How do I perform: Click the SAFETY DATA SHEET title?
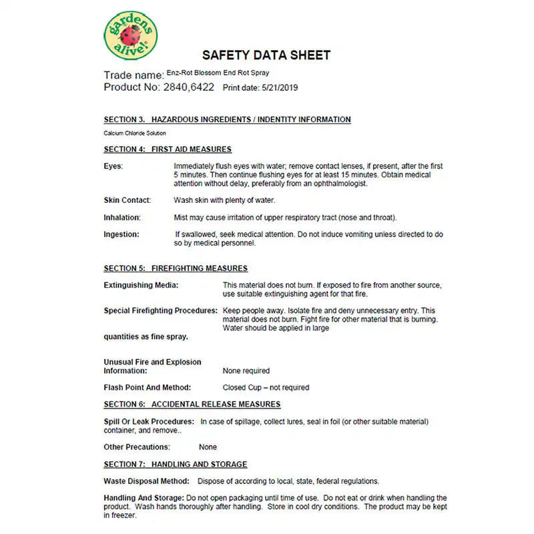pos(266,55)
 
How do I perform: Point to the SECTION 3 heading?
pos(227,119)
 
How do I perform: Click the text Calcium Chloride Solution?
pos(135,133)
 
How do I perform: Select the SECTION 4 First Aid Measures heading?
pos(168,149)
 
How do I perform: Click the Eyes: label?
pos(113,166)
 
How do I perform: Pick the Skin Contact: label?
pos(127,200)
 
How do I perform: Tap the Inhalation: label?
pos(121,218)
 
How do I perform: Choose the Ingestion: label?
pos(121,234)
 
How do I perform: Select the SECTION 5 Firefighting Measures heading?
pos(176,268)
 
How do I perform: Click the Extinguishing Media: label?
pos(141,285)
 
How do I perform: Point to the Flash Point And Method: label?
pos(147,387)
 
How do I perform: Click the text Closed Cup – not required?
pos(266,388)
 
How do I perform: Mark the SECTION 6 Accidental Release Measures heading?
pos(192,404)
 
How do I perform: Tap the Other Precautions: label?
pos(137,447)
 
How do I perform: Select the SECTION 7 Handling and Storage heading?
pos(175,464)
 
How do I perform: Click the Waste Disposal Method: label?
pos(146,481)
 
